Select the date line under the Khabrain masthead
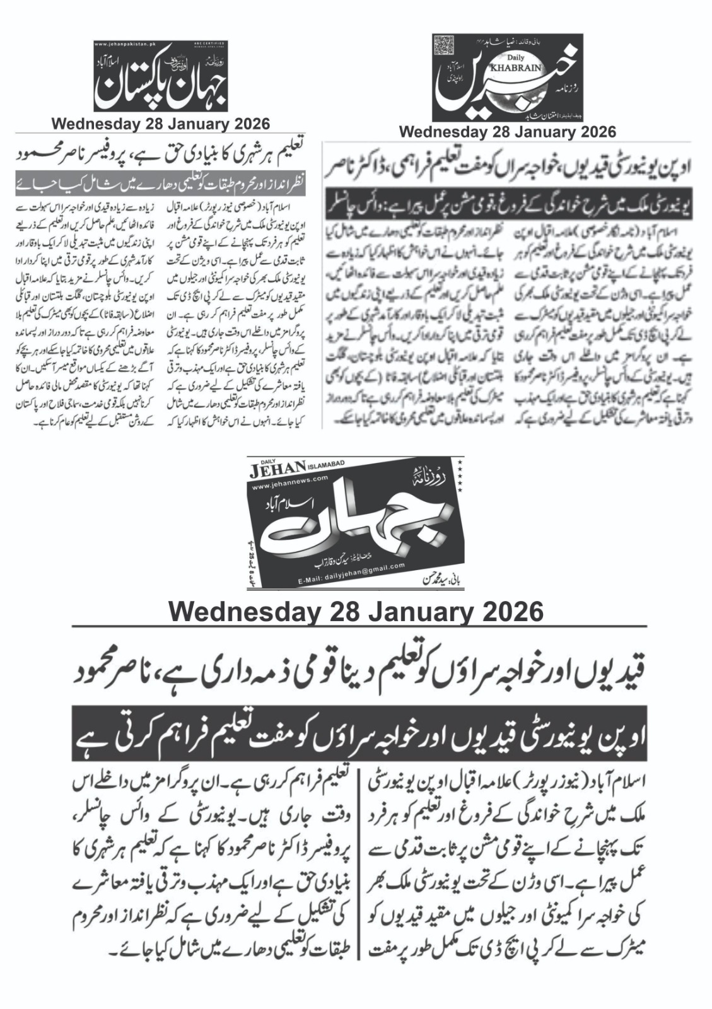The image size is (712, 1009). click(x=507, y=132)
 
